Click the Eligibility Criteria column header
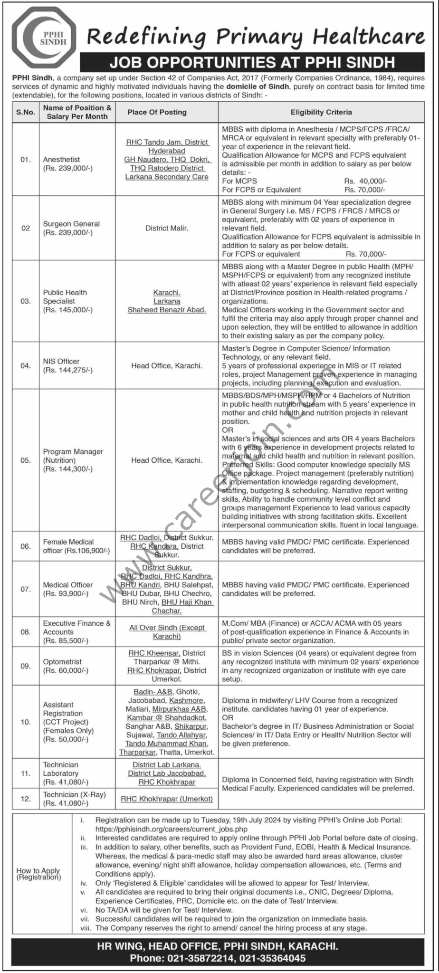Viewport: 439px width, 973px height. (x=321, y=112)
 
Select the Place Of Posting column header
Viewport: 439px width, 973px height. (x=157, y=112)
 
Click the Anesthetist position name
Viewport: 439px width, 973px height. (x=61, y=160)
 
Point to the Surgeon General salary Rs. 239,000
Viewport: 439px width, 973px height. (x=68, y=232)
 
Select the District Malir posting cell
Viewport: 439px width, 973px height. (x=167, y=228)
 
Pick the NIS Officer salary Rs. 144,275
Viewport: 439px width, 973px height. (x=68, y=370)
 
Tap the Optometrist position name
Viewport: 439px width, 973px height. (x=62, y=661)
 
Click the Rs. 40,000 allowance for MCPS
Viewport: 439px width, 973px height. (x=365, y=181)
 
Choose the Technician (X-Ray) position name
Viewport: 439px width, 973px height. (x=74, y=794)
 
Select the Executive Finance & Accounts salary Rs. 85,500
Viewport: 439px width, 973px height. (x=66, y=640)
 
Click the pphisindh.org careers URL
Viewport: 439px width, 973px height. (x=172, y=829)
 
